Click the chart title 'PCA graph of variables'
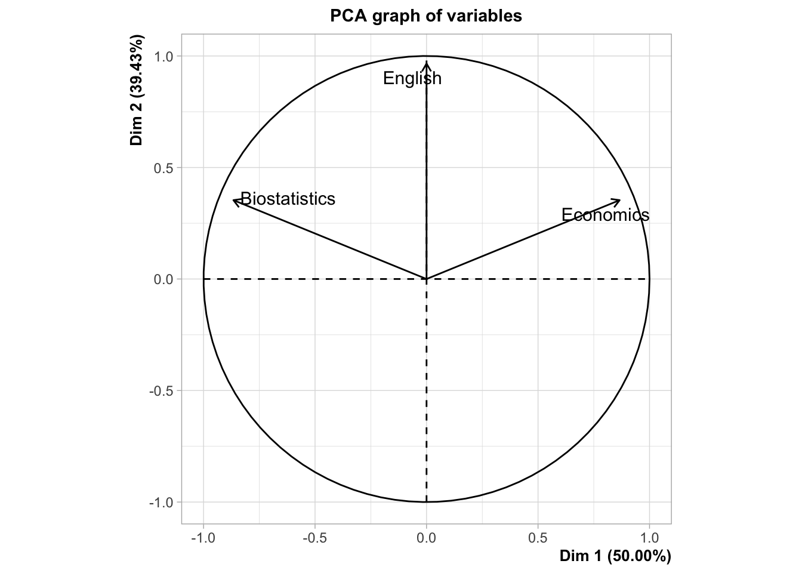(426, 16)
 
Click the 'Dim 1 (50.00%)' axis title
(615, 556)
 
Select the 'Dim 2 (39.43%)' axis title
(137, 91)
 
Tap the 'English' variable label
(412, 78)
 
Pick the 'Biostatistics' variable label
(288, 199)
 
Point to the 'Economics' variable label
(605, 215)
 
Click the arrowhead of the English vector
(426, 62)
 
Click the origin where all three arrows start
(426, 279)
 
